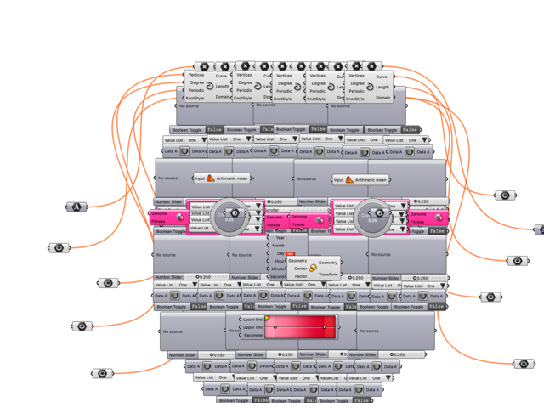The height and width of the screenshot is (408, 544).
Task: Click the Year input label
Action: click(279, 238)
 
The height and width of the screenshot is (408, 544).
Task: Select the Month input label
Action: click(278, 246)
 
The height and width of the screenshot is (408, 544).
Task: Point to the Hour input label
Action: click(280, 261)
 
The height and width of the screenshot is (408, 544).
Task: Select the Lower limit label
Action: click(253, 320)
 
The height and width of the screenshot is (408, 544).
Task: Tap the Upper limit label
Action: click(253, 327)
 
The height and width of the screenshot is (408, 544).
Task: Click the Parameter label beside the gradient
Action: click(253, 335)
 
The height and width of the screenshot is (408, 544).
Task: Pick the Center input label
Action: click(300, 269)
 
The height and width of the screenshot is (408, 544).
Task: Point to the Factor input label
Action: click(300, 276)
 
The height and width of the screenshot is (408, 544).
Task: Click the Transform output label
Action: click(328, 275)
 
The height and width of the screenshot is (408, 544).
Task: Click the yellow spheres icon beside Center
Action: click(313, 269)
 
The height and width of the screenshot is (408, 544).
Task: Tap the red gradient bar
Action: click(300, 327)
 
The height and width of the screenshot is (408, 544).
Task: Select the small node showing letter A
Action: click(77, 207)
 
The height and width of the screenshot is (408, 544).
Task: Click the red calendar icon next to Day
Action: click(291, 254)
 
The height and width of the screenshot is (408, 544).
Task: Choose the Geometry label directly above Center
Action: click(297, 261)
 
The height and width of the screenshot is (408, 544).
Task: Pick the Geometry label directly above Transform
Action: click(328, 263)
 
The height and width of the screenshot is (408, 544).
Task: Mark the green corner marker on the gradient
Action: click(267, 318)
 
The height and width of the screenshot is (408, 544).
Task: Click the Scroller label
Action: click(271, 209)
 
